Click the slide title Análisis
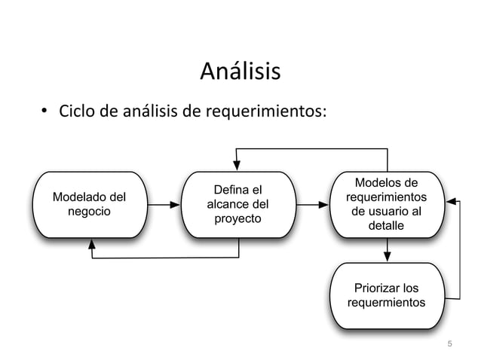pos(240,72)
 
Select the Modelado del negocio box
pos(89,205)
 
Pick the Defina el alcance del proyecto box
pos(238,205)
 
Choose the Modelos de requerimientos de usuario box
pos(387,205)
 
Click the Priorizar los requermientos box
pos(387,296)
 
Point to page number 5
pos(450,345)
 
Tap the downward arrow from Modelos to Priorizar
pos(388,250)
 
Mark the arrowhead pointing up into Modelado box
pos(92,243)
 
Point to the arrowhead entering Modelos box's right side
pos(451,201)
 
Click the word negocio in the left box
pos(89,212)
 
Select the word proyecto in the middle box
pos(238,219)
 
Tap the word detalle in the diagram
pos(386,226)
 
